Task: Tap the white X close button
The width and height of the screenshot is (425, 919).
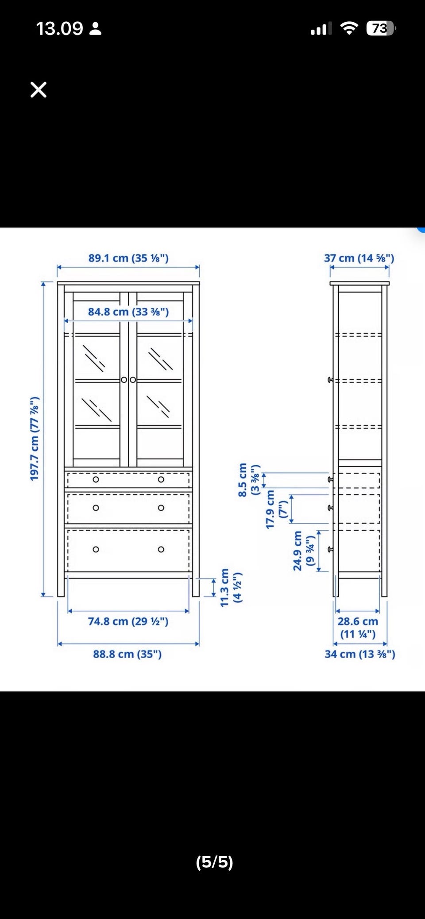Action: pos(39,90)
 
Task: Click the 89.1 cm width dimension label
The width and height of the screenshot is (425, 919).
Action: pos(128,258)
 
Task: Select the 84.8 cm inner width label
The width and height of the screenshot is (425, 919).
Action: pos(128,312)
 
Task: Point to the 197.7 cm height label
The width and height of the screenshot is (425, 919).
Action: pos(35,439)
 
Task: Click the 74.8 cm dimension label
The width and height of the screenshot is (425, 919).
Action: pos(128,621)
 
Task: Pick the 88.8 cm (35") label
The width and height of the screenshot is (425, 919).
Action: pos(127,654)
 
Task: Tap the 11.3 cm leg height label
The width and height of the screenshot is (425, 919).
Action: pos(231,587)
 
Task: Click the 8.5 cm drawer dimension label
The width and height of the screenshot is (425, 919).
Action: pos(248,480)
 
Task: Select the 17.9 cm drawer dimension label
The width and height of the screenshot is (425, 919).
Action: pos(277,509)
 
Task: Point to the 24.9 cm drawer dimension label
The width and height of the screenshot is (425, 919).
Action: pos(304,551)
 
